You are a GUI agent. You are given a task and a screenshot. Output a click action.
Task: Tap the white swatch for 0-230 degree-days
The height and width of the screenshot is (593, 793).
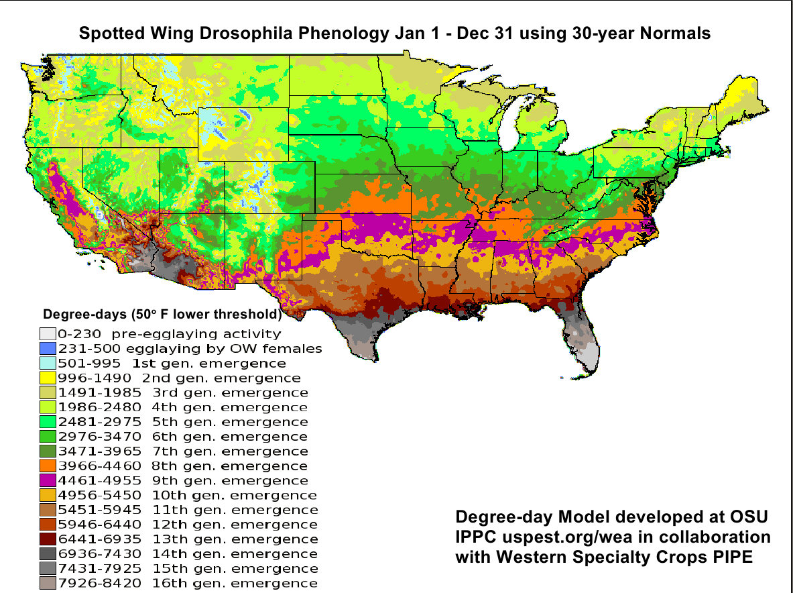47,334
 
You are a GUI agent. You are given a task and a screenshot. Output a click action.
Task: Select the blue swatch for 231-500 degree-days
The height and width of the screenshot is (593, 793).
47,349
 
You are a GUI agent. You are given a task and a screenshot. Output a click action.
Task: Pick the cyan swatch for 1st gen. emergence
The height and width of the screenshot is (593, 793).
47,364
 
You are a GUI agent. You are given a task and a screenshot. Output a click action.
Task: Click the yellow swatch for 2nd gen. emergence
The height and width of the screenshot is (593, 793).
47,378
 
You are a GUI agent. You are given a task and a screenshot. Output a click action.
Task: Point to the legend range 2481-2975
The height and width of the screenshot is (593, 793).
99,422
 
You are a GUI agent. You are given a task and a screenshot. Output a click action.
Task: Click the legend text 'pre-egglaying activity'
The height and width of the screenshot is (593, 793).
197,334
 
